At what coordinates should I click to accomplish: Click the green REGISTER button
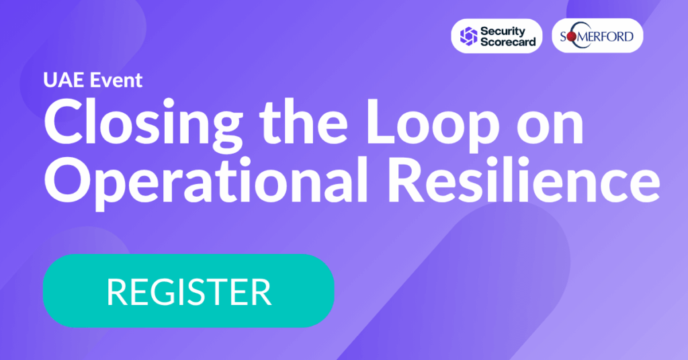(x=189, y=291)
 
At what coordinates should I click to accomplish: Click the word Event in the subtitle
(x=116, y=80)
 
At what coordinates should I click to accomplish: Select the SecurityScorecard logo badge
(x=497, y=36)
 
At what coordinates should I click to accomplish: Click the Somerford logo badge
(x=597, y=36)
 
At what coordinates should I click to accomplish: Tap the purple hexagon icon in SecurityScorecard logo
(x=468, y=36)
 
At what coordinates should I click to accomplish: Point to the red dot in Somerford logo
(x=572, y=37)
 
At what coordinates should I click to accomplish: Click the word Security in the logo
(x=503, y=31)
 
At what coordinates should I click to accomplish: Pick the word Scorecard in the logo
(x=508, y=42)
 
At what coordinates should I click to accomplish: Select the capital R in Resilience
(x=406, y=179)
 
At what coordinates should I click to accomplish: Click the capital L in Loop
(x=382, y=121)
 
